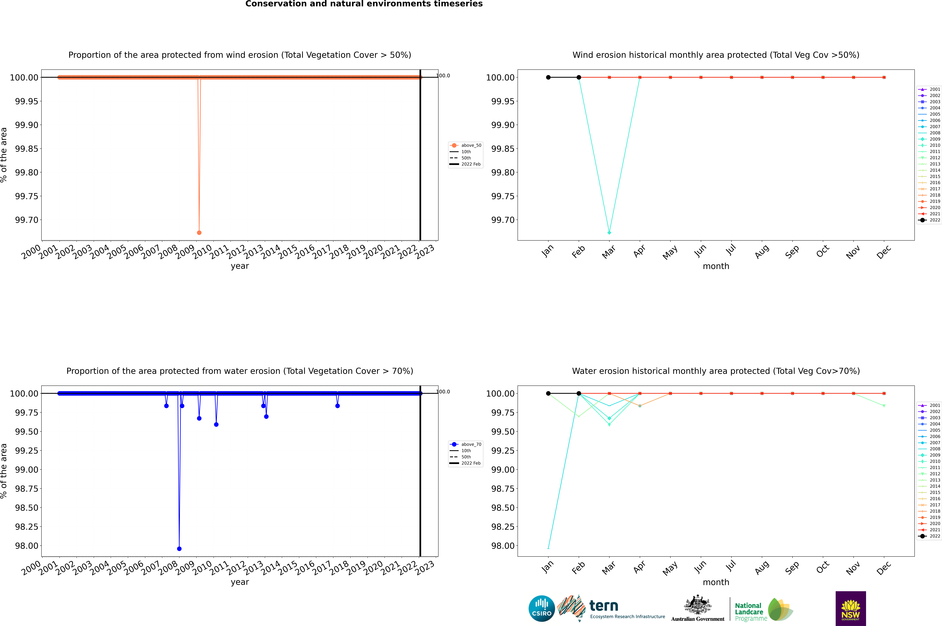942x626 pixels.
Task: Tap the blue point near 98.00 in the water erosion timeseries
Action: tap(179, 549)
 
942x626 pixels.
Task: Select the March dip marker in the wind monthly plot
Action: tap(609, 232)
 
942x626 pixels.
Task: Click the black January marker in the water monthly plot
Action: tap(548, 393)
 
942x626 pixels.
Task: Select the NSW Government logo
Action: tap(851, 608)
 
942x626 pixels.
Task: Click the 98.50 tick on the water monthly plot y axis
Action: tap(503, 507)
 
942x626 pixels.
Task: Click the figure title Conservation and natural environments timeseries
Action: tap(364, 4)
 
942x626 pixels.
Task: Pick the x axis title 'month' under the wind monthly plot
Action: tap(716, 266)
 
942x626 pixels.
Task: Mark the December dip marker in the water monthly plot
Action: tap(884, 406)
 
